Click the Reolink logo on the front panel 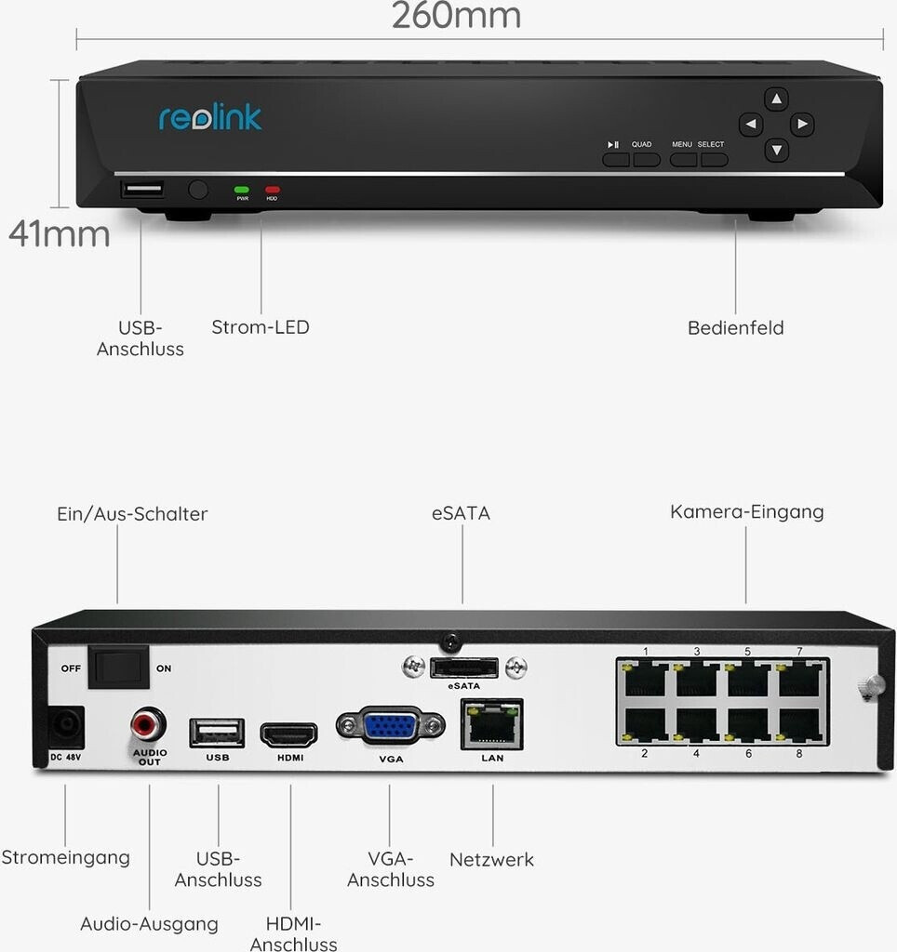(210, 117)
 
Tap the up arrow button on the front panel (776, 99)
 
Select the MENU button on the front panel (683, 159)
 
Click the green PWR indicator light (242, 190)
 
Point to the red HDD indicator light (272, 190)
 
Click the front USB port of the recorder (141, 191)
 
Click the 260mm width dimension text (455, 16)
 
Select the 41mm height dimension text (59, 233)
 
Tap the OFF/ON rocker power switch (118, 668)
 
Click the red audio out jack (149, 721)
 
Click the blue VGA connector (390, 726)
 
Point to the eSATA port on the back (463, 668)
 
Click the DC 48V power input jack (65, 727)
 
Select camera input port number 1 (645, 679)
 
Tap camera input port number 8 (798, 725)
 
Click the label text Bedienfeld (735, 327)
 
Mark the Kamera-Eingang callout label (746, 512)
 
